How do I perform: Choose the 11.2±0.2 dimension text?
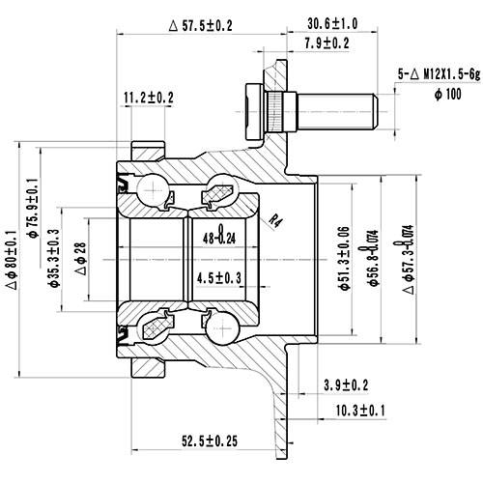[149, 97]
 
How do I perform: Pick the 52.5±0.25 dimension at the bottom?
[207, 443]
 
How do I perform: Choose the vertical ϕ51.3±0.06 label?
[345, 254]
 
